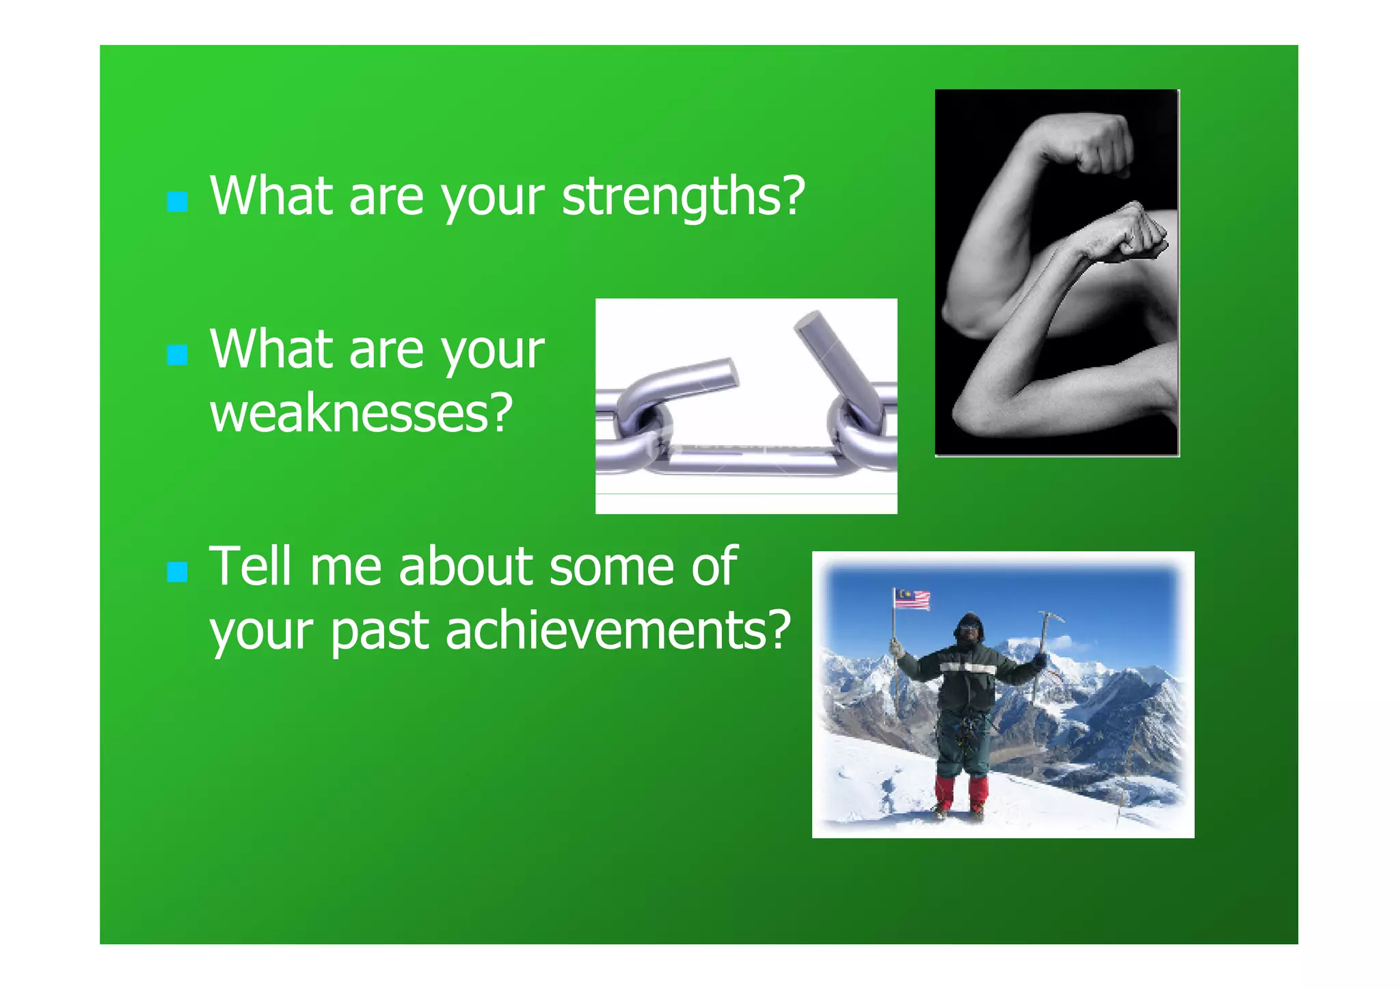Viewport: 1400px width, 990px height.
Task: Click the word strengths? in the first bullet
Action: coord(684,197)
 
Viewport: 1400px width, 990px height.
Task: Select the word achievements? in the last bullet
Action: coord(618,630)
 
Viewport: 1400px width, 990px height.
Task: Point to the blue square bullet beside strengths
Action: coord(177,202)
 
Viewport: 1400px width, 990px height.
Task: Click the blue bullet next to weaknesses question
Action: coord(177,355)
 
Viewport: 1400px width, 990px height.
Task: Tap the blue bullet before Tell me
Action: coord(177,572)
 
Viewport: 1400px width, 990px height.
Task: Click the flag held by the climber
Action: coord(913,600)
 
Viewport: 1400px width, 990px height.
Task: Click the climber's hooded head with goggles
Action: coord(969,628)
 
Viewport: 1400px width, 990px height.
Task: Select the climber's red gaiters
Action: coord(960,792)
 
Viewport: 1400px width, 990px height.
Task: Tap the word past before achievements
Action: coord(379,630)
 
